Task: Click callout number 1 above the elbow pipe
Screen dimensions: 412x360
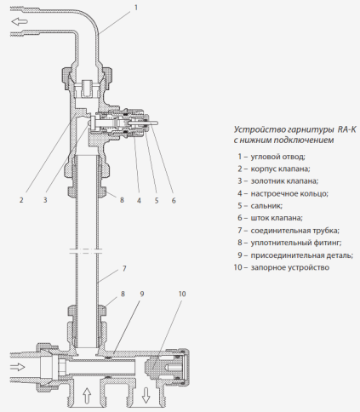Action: (x=134, y=6)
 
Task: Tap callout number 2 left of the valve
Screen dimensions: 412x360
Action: (x=20, y=200)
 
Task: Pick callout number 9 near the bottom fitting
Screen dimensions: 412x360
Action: (x=142, y=294)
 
